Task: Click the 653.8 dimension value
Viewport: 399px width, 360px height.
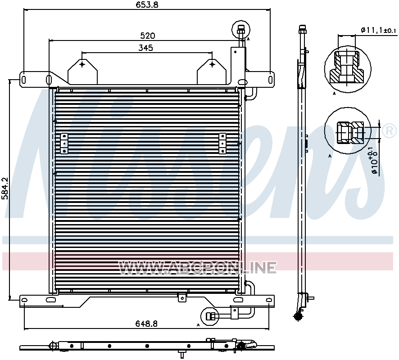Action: (x=147, y=4)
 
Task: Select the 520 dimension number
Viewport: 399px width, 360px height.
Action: (x=148, y=36)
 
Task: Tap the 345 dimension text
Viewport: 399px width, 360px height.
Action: (x=145, y=48)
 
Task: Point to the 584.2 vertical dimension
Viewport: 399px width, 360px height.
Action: (x=5, y=188)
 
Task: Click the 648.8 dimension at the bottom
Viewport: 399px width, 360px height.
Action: (x=146, y=324)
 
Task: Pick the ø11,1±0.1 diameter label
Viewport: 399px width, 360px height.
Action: (x=379, y=30)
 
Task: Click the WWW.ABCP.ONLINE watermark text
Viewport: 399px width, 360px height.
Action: (x=198, y=268)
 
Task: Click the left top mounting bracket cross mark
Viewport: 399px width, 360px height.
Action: (x=82, y=64)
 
